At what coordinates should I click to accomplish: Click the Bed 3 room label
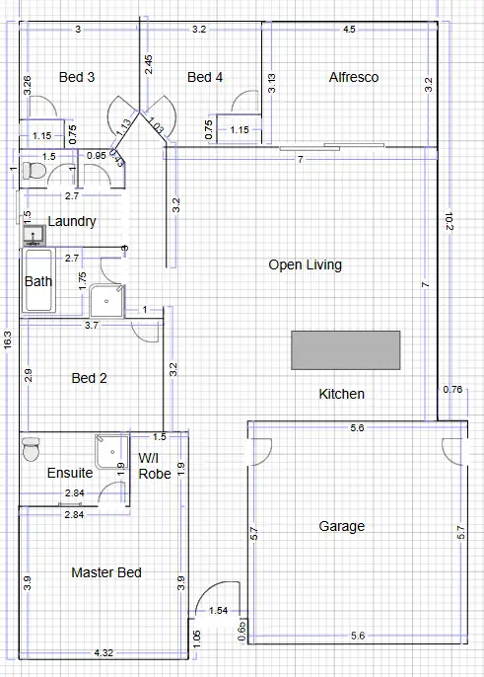coord(77,77)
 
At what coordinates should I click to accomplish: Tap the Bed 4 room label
coord(205,77)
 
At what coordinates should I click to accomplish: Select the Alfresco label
coord(353,77)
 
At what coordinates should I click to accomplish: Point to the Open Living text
coord(306,264)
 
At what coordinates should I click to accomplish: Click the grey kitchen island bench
coord(345,350)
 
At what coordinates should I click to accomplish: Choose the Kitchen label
coord(341,394)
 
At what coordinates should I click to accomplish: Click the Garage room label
coord(340,526)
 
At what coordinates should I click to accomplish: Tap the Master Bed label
coord(106,572)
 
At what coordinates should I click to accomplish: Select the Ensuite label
coord(70,473)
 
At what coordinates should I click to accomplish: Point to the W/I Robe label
coord(155,466)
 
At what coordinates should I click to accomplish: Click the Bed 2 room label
coord(89,377)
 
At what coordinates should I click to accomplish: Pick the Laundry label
coord(72,221)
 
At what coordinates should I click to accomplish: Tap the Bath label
coord(38,281)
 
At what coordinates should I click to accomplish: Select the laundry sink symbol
coord(34,235)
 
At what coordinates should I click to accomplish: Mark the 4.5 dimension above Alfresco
coord(349,30)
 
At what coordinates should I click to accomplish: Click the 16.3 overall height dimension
coord(8,341)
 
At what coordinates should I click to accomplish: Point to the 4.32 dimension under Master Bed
coord(104,652)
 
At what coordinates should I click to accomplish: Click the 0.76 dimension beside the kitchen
coord(452,389)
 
